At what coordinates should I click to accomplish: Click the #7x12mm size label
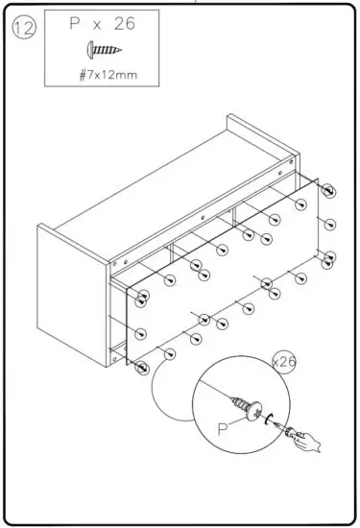click(106, 72)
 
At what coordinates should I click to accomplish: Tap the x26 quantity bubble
click(284, 362)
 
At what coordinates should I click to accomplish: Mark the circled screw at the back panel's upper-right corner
click(329, 191)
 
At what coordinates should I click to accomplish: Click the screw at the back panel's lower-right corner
click(329, 256)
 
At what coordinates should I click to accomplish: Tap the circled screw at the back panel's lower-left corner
click(143, 367)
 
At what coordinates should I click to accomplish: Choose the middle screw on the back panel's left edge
click(143, 334)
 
